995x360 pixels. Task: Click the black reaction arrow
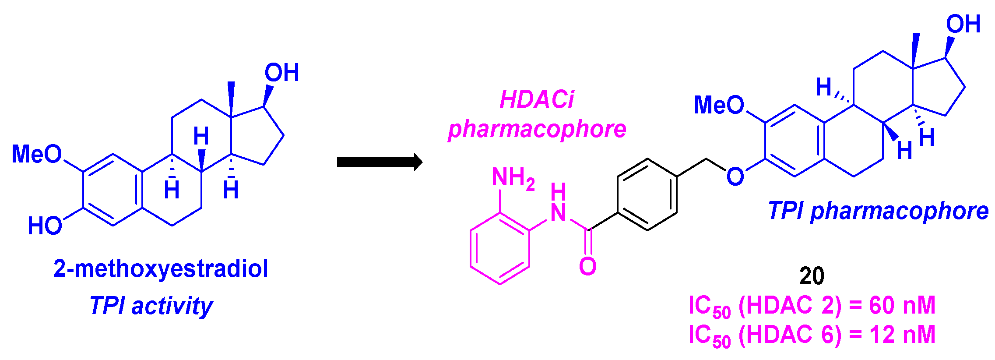coord(379,162)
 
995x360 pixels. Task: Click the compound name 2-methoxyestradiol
coord(161,268)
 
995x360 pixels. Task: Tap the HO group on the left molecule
coord(45,226)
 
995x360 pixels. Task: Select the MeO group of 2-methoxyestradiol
coord(37,154)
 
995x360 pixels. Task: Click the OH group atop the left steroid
coord(281,73)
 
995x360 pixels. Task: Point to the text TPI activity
coord(151,306)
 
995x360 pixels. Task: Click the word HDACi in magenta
coord(536,99)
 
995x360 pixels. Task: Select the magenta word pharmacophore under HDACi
coord(537,129)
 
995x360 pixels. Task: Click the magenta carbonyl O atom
coord(587,266)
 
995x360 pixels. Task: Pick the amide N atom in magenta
coord(558,213)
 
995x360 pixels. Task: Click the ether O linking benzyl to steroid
coord(735,176)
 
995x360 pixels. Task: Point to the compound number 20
coord(812,276)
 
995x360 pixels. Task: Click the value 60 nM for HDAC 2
coord(902,305)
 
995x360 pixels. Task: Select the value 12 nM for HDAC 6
coord(902,335)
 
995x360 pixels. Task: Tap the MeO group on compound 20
coord(719,105)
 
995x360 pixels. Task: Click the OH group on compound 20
coord(963,24)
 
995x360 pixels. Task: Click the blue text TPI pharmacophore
coord(878,211)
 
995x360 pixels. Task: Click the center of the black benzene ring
coord(647,194)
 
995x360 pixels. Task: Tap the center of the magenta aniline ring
coord(500,248)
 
